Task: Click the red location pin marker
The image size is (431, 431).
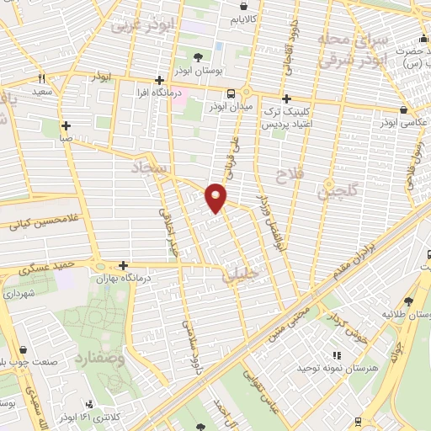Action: click(216, 197)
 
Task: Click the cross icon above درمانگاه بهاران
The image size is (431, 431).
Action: click(123, 264)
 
